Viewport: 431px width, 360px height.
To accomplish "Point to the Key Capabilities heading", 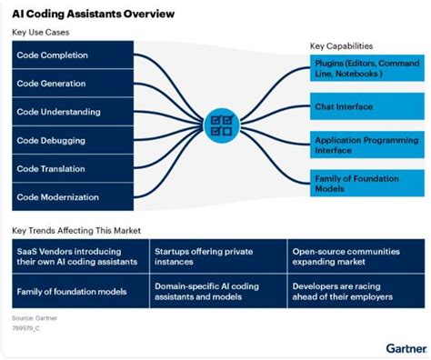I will tap(341, 45).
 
